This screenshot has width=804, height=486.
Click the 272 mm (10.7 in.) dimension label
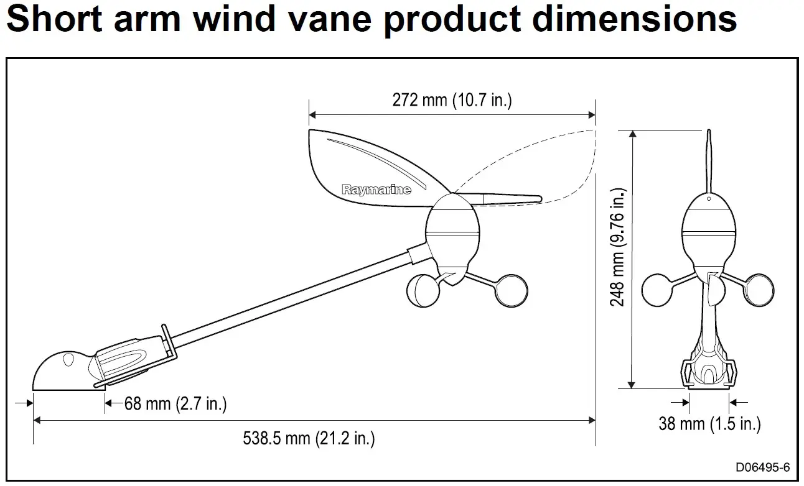coord(452,100)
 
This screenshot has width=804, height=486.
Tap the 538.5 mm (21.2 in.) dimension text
coord(309,438)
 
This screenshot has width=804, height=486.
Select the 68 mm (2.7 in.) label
coord(175,403)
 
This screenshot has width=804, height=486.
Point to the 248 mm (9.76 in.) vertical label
coord(618,247)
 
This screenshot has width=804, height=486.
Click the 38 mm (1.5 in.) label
coord(709,424)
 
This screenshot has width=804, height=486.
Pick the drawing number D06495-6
coord(763,467)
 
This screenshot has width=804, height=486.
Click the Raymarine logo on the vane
coord(376,189)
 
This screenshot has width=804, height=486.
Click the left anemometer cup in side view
coord(423,291)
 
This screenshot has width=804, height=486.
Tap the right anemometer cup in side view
coord(512,291)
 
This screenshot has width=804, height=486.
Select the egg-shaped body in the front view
coord(709,233)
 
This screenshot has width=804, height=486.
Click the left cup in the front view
coord(657,290)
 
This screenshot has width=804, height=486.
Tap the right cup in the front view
coord(759,290)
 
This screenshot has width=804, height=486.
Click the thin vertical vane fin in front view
coord(709,162)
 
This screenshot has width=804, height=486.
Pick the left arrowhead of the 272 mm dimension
coord(312,115)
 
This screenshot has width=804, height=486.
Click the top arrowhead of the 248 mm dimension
coord(632,134)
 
